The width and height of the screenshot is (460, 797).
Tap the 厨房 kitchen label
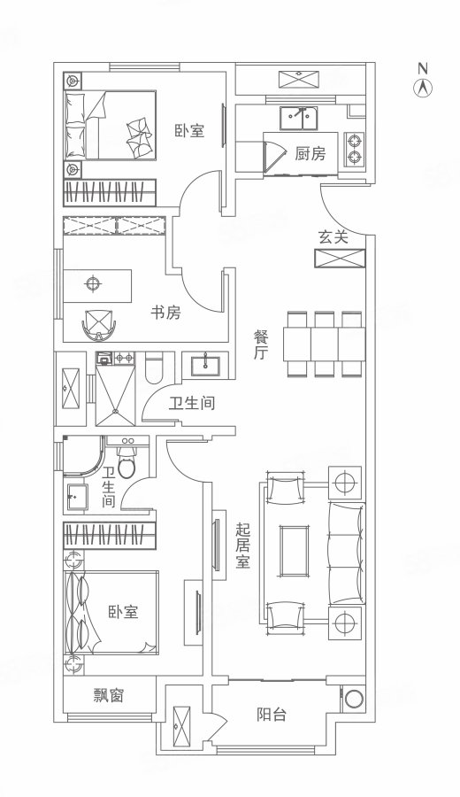(310, 153)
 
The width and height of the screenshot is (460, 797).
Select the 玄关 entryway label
(333, 236)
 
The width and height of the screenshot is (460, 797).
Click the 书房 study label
(165, 312)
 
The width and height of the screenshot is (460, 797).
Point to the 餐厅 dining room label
(261, 345)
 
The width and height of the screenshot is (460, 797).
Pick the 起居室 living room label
(242, 546)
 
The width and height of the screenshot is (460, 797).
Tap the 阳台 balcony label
(271, 715)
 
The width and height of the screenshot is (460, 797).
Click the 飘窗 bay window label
(109, 695)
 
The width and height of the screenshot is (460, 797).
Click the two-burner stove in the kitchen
(354, 149)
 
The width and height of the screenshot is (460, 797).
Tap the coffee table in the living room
(295, 551)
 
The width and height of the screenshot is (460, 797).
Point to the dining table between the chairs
(324, 344)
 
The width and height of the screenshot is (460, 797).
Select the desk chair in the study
(99, 324)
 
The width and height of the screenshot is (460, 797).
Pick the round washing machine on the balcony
(355, 699)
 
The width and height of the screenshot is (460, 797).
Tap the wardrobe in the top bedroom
(109, 192)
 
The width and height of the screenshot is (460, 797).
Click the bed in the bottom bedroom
(111, 612)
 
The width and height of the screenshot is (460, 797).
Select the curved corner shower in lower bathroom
(83, 455)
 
